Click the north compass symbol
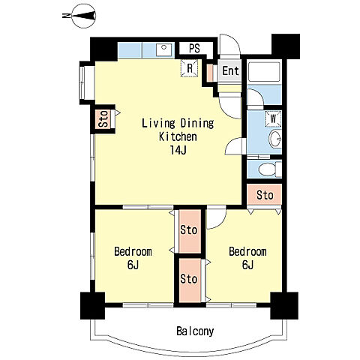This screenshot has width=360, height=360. click(x=84, y=16)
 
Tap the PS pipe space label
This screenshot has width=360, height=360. click(x=194, y=49)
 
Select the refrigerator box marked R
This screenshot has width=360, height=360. click(x=190, y=68)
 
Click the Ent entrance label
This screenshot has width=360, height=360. click(x=230, y=70)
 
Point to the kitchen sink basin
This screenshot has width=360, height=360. click(x=164, y=50)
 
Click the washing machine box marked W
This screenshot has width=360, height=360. click(x=273, y=118)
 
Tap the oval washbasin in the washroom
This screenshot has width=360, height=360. click(x=275, y=139)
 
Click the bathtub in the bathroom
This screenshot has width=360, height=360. click(x=264, y=71)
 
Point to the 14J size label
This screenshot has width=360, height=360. click(x=178, y=150)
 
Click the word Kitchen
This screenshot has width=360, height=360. click(x=178, y=136)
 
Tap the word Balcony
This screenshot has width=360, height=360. click(x=195, y=331)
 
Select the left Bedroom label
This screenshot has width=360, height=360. click(x=133, y=251)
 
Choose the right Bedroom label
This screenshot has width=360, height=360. click(x=247, y=251)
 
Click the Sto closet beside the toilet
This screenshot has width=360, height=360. click(x=265, y=195)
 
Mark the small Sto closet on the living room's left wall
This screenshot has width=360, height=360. click(x=103, y=119)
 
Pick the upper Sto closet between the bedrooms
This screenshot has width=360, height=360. click(x=190, y=231)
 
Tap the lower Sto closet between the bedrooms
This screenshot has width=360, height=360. click(x=190, y=280)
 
